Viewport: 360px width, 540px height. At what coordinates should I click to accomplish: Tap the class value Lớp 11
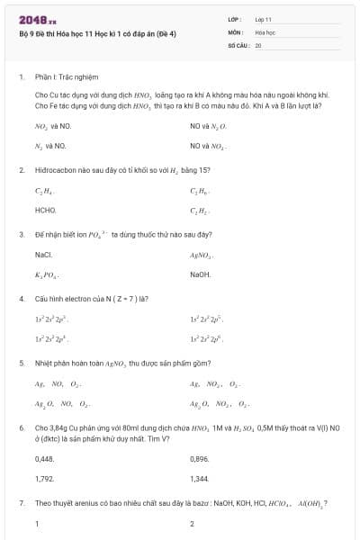click(x=263, y=18)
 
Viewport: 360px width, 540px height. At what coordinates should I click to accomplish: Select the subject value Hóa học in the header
click(x=265, y=31)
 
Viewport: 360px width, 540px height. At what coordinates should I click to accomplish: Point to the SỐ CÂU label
click(x=238, y=43)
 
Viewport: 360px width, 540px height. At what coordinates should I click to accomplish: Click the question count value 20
click(x=258, y=43)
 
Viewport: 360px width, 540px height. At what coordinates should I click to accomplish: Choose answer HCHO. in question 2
click(x=45, y=210)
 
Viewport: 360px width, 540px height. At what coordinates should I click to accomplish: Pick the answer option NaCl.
click(x=43, y=255)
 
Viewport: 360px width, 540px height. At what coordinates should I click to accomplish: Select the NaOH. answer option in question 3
click(x=201, y=274)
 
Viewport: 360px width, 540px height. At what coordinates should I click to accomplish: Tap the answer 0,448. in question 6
click(x=44, y=459)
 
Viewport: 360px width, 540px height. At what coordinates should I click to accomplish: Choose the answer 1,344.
click(x=200, y=478)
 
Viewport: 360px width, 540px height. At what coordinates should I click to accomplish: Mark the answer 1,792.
click(x=44, y=478)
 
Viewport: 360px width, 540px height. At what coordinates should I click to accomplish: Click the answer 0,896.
click(x=200, y=459)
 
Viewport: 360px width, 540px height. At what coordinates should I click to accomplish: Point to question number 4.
click(x=22, y=298)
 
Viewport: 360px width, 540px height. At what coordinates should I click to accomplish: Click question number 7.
click(x=22, y=504)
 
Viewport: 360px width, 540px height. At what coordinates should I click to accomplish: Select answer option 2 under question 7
click(x=193, y=523)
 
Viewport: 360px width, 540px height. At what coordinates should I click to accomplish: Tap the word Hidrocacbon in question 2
click(x=57, y=169)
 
